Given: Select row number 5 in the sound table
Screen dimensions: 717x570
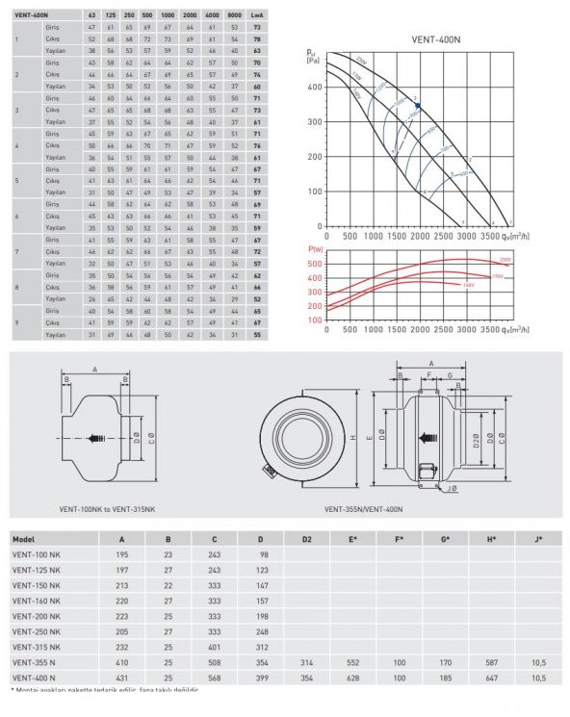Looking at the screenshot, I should tap(16, 180).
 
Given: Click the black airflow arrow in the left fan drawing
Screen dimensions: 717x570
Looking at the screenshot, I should tap(96, 436).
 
